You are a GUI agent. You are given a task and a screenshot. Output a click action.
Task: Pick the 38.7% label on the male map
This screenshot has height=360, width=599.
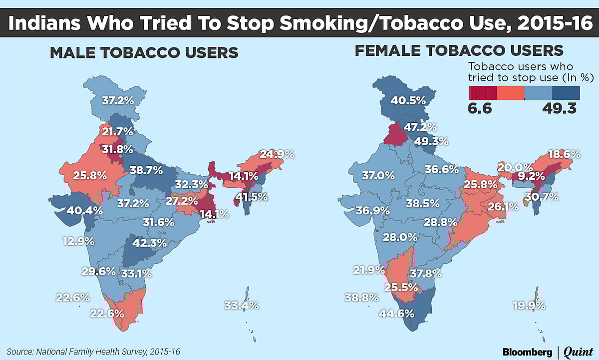coord(146,170)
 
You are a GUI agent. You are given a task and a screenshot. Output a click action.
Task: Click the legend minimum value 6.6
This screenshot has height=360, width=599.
coord(480,108)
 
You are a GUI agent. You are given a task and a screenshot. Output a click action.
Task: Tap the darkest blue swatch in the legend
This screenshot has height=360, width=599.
coord(566,93)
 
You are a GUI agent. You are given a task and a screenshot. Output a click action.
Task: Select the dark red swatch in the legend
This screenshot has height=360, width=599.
coord(483,93)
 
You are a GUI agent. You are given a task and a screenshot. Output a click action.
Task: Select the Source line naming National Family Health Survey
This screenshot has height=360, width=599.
coord(93,352)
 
